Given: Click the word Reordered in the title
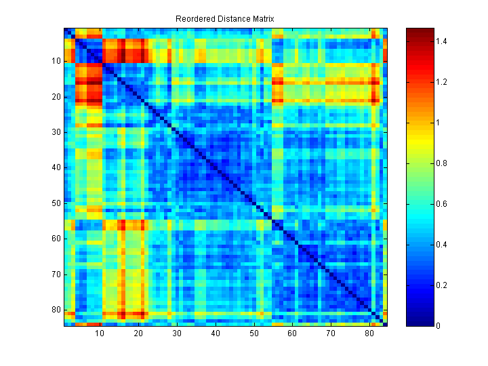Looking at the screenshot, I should pos(195,19).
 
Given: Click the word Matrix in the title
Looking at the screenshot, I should pos(261,19).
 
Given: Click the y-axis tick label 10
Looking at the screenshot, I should pos(55,61).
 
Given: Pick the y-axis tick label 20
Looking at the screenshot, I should pos(55,97).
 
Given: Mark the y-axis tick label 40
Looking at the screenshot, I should pos(55,167).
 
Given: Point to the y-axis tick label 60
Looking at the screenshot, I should pos(55,238).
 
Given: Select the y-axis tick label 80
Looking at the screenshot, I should pos(55,309).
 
